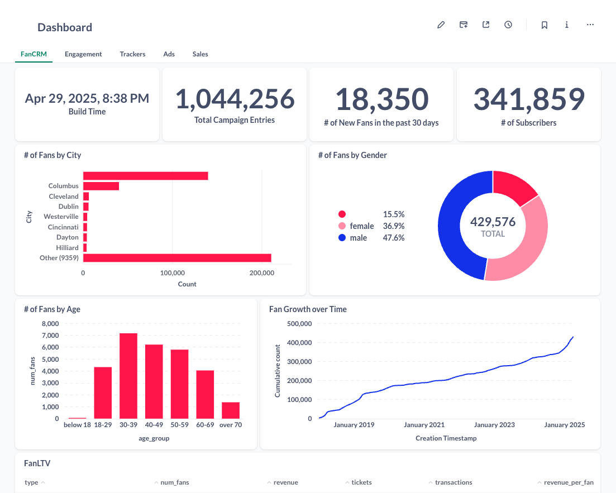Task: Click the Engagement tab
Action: point(83,54)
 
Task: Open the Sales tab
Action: point(200,54)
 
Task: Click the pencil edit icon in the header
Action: point(441,25)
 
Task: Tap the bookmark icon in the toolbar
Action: point(544,25)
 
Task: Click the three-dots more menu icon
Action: point(590,25)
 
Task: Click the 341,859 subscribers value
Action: point(528,99)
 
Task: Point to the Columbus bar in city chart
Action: point(101,186)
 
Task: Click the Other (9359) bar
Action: point(177,258)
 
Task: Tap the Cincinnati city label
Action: point(63,227)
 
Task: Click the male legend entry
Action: point(359,238)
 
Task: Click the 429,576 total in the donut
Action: point(493,222)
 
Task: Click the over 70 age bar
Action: point(231,410)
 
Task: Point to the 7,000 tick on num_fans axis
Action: point(50,336)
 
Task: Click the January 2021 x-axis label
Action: point(424,425)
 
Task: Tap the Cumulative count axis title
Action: point(278,371)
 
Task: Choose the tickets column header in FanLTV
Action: point(361,482)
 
